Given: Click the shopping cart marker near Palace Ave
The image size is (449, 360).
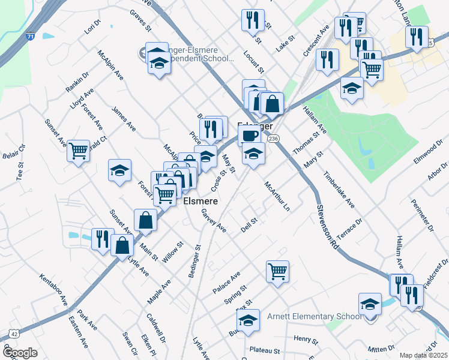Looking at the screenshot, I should pyautogui.click(x=277, y=271).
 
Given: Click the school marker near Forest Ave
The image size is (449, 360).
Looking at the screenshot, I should pyautogui.click(x=119, y=170).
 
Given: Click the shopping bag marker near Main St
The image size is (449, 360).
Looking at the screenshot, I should pyautogui.click(x=145, y=220).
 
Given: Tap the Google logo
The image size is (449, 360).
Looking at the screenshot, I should pyautogui.click(x=20, y=353).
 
